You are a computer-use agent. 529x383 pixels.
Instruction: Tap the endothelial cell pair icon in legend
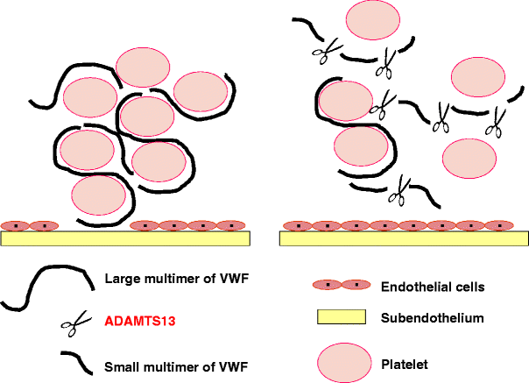tap(340, 286)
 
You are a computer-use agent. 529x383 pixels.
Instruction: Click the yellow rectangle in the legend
tap(339, 317)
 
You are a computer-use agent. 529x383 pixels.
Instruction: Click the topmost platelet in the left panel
tap(143, 67)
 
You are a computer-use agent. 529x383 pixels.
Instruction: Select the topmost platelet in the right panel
tap(373, 21)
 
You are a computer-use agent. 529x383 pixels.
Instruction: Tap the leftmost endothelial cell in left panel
tap(18, 225)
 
